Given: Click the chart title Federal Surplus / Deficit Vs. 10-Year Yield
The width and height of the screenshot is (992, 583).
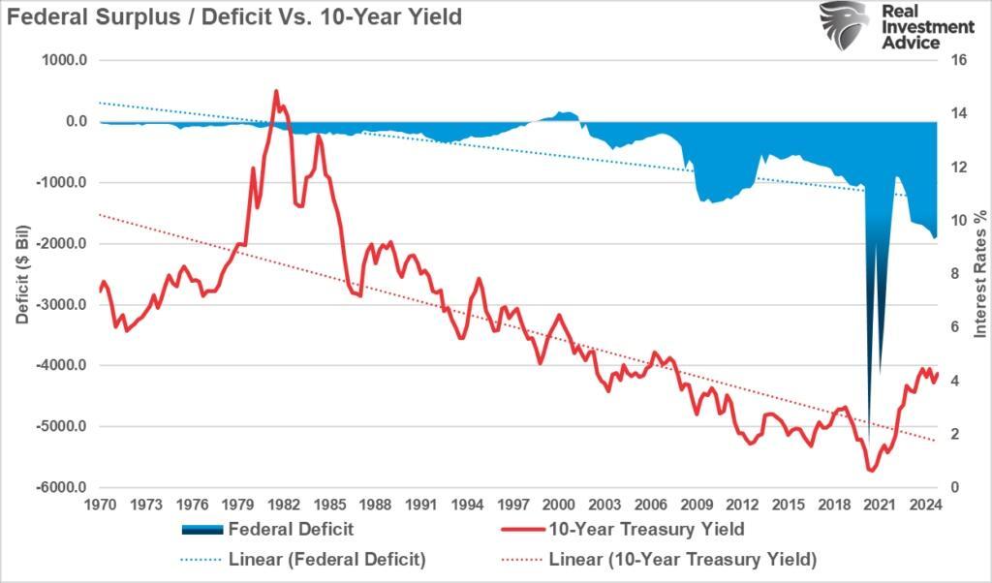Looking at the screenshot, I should point(232,16).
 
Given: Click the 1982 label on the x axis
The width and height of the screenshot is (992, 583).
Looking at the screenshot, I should point(282,505).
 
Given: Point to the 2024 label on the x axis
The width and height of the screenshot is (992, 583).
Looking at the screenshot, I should point(924,505).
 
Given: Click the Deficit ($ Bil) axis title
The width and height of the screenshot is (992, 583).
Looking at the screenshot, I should point(22,273).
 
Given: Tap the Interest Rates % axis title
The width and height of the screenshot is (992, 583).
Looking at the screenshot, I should point(979,273).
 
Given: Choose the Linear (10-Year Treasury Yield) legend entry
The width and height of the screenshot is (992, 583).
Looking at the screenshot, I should point(682,559).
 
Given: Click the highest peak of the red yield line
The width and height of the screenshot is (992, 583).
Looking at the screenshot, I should point(276,92).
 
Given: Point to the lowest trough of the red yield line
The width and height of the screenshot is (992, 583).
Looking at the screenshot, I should point(871,471).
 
